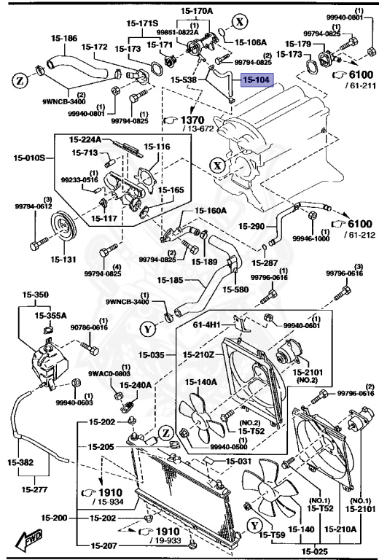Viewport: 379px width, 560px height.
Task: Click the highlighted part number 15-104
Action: pyautogui.click(x=255, y=82)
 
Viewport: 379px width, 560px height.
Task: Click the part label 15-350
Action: pyautogui.click(x=36, y=296)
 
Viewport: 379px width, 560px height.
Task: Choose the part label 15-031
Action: pyautogui.click(x=238, y=461)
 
